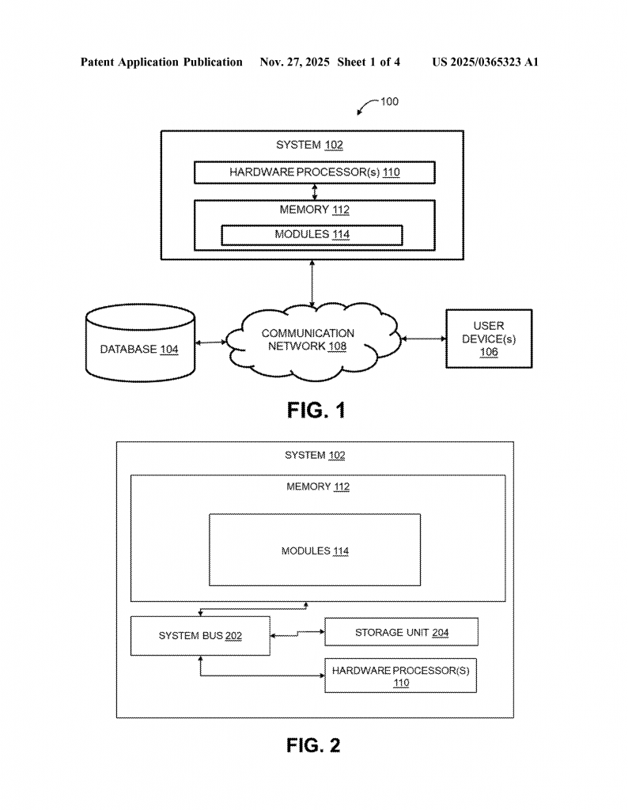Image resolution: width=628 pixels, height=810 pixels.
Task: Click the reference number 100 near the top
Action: point(389,101)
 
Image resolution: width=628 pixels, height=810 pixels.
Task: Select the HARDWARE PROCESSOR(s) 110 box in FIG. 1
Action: point(314,172)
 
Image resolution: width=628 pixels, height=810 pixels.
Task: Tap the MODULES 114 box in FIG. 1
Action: point(312,235)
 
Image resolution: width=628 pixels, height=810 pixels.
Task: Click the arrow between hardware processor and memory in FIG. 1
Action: point(315,191)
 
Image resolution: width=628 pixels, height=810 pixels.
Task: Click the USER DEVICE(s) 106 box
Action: point(488,339)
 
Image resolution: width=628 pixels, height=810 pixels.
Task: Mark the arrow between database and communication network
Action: point(210,343)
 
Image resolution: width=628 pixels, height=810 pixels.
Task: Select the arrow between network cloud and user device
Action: point(423,339)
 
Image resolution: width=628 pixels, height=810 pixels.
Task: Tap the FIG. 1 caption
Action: point(316,411)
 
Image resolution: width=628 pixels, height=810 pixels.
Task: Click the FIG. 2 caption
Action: point(313,745)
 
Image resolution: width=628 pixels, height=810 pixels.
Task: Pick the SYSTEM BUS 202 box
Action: point(200,636)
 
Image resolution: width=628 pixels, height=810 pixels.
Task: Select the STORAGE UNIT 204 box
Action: point(401,632)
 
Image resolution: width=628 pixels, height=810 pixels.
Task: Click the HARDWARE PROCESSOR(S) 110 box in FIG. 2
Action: point(400,676)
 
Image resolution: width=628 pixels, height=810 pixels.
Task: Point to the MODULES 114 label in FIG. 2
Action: point(315,551)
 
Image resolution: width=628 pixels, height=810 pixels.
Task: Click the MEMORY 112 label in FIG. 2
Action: point(317,487)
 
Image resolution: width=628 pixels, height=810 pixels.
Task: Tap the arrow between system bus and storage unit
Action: point(297,633)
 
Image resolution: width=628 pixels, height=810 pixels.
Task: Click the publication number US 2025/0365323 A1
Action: point(485,62)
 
